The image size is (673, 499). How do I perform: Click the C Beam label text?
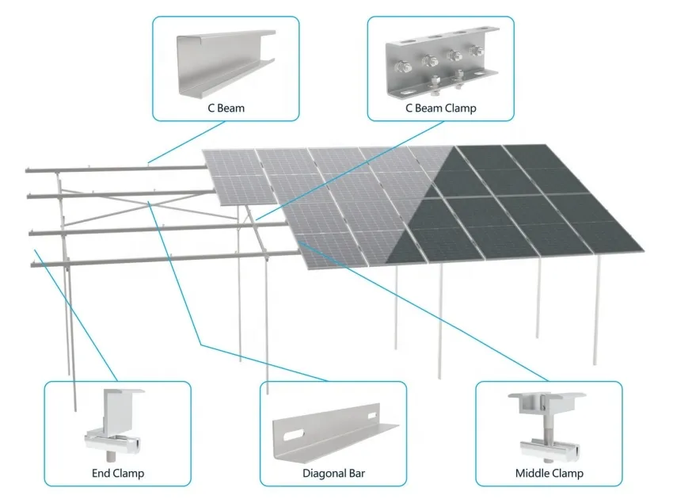226,108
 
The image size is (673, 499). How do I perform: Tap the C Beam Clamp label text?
441,108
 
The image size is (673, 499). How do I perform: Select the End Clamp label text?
118,473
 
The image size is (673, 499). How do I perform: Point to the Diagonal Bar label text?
333,473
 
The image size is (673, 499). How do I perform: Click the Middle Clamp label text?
549,473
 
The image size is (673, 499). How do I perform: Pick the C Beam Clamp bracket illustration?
442,63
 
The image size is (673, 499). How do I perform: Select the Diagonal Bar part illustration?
335,434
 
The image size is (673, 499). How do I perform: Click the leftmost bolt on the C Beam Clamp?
402,67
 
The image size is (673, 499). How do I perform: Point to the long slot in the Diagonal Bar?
294,436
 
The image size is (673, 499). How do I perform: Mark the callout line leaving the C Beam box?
187,142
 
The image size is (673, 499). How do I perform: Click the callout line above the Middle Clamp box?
424,311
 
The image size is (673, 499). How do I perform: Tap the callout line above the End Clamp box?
75,315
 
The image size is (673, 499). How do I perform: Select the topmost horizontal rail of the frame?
116,169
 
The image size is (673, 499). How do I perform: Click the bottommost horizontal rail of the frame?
165,259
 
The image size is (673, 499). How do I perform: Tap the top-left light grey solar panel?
230,162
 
